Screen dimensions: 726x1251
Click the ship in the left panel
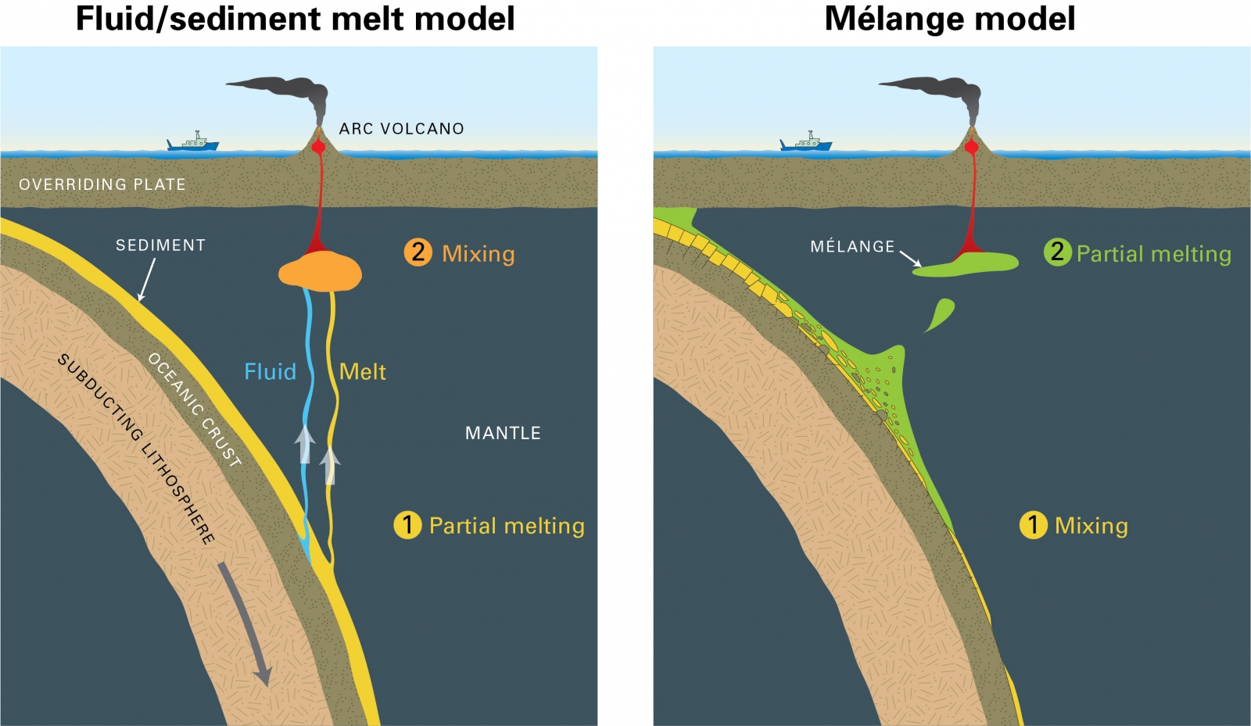[192, 142]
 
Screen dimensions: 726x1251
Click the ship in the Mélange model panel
[805, 142]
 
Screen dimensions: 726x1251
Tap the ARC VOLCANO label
[401, 129]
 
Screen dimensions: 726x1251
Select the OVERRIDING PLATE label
[102, 184]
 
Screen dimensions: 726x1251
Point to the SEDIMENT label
[160, 245]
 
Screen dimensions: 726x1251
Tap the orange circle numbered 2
[418, 252]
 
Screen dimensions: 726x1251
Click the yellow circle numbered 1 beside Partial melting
[407, 525]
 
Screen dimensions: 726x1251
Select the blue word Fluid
[270, 371]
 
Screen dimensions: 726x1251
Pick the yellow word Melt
[362, 371]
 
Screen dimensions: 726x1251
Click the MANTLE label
[503, 433]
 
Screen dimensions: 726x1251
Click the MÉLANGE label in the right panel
[852, 247]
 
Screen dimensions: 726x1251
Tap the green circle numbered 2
[1057, 252]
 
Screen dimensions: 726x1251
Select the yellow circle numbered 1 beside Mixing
[1033, 525]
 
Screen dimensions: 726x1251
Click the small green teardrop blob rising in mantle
[941, 314]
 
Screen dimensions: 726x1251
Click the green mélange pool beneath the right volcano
[970, 264]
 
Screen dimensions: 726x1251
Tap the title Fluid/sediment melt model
[295, 19]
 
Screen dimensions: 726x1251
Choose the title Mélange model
[950, 19]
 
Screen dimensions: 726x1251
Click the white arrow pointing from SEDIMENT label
[146, 279]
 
